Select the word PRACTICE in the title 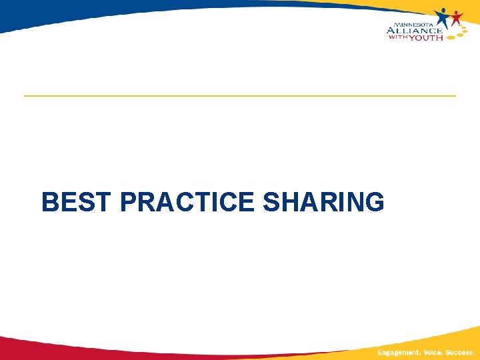[189, 202]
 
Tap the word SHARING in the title [324, 202]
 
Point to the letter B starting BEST [49, 202]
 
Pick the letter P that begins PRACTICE [129, 202]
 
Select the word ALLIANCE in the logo [413, 30]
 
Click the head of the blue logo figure [441, 11]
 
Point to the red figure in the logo [456, 17]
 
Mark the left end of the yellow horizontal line [25, 96]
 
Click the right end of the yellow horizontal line [455, 96]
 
